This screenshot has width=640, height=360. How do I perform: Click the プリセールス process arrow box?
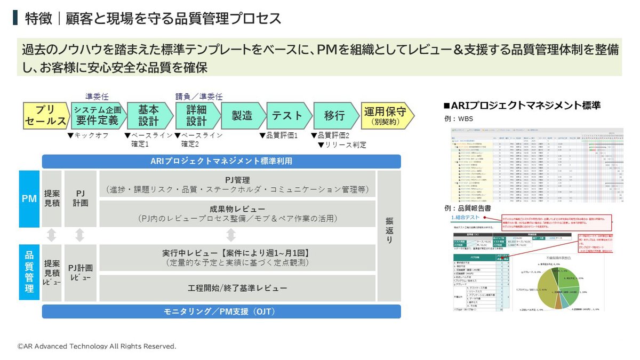[45, 116]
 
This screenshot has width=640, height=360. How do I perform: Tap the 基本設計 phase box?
[148, 116]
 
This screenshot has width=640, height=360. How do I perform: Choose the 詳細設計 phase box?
[196, 116]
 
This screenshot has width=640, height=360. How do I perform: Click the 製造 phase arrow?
[242, 116]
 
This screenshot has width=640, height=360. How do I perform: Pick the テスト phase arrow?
[286, 116]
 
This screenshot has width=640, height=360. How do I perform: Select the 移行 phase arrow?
[333, 116]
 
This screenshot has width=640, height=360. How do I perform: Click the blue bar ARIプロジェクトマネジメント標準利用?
[221, 161]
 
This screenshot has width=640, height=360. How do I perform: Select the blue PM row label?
[29, 199]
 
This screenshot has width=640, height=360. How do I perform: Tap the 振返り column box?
[389, 236]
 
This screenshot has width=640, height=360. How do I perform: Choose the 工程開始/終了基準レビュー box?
[237, 288]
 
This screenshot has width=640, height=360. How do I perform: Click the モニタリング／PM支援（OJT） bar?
[221, 311]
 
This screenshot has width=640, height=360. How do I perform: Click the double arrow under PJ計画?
[80, 235]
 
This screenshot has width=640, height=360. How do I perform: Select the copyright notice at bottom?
[97, 346]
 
